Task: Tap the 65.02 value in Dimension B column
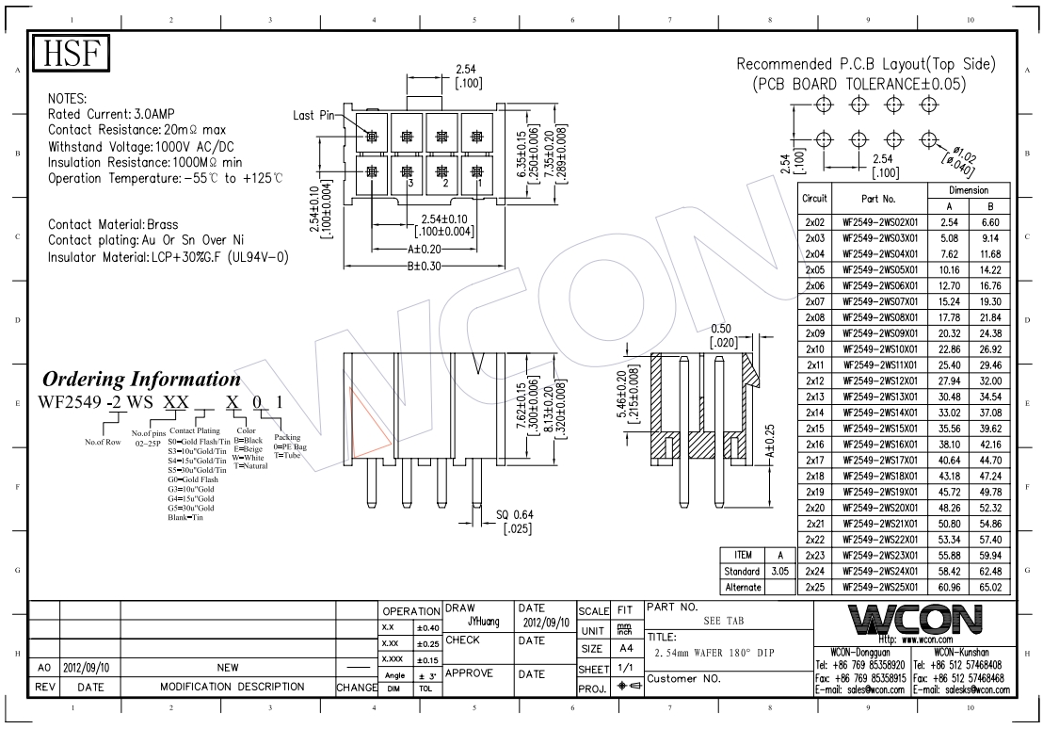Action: coord(990,587)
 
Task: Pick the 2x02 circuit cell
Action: coord(815,222)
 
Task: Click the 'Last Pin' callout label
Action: coord(314,116)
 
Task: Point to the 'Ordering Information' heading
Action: coord(142,380)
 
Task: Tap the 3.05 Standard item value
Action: coord(779,571)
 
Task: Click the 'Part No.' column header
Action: coord(878,199)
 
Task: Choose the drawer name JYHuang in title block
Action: coord(483,623)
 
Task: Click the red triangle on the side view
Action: coord(369,420)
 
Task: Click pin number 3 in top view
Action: coord(409,184)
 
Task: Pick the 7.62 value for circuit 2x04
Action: coord(950,253)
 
